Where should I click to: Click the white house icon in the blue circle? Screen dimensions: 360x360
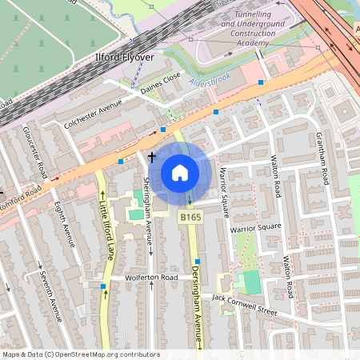pyautogui.click(x=180, y=172)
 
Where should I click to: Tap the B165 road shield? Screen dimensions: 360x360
pyautogui.click(x=190, y=218)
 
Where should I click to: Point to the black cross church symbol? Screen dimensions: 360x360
pyautogui.click(x=151, y=158)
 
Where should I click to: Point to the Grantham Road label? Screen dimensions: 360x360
pyautogui.click(x=322, y=158)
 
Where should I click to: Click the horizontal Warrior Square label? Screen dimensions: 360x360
pyautogui.click(x=256, y=227)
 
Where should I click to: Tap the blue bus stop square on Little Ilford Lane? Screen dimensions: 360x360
pyautogui.click(x=103, y=286)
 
